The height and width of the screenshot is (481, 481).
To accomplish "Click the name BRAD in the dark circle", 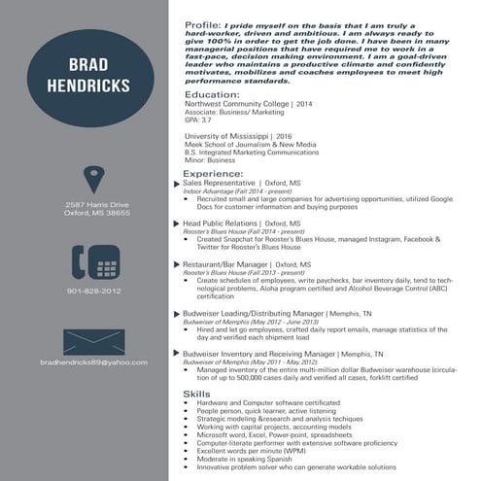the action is [89, 65].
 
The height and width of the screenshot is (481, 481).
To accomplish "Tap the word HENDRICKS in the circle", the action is [89, 85].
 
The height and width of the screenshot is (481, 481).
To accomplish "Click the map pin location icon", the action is [93, 180].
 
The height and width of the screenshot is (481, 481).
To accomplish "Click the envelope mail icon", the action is [93, 342].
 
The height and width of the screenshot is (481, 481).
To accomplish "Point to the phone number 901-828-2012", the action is [94, 291].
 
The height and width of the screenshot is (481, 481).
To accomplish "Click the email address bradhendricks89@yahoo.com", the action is [93, 362].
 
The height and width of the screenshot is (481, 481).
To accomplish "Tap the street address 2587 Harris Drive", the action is [96, 204].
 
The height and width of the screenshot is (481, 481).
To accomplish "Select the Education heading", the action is [211, 94].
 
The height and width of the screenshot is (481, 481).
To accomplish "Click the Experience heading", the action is [213, 173].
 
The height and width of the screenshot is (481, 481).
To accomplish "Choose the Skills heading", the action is [196, 392].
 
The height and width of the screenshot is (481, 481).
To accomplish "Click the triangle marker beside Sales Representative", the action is [176, 183].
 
